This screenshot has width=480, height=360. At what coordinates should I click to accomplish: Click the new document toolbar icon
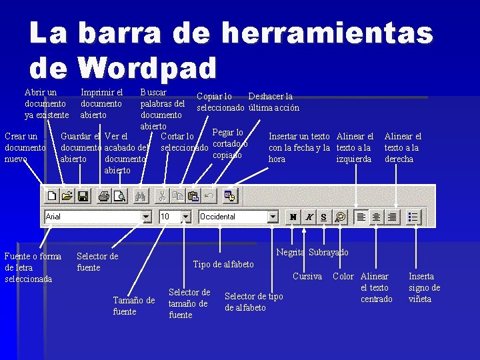pyautogui.click(x=52, y=196)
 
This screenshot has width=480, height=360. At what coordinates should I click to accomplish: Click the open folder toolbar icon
pyautogui.click(x=67, y=196)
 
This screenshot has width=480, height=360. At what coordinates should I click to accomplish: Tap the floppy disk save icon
pyautogui.click(x=83, y=196)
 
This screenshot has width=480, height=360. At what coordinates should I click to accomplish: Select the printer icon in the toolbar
pyautogui.click(x=103, y=196)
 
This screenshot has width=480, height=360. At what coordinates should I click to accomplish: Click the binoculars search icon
pyautogui.click(x=140, y=196)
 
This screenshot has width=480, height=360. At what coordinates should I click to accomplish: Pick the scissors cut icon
pyautogui.click(x=161, y=196)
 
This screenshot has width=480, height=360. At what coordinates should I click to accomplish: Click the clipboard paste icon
pyautogui.click(x=193, y=196)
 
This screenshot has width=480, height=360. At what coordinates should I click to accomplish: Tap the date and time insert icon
pyautogui.click(x=230, y=196)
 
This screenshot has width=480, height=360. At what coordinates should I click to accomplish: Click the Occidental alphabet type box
pyautogui.click(x=233, y=217)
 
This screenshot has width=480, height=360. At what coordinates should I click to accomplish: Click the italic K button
pyautogui.click(x=309, y=217)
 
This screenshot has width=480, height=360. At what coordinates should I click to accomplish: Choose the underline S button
pyautogui.click(x=323, y=217)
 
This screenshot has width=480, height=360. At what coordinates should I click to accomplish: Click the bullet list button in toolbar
pyautogui.click(x=413, y=217)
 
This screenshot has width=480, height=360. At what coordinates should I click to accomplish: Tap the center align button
pyautogui.click(x=376, y=217)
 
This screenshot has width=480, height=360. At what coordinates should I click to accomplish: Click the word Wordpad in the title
pyautogui.click(x=147, y=67)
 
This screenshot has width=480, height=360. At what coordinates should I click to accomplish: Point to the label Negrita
pyautogui.click(x=291, y=252)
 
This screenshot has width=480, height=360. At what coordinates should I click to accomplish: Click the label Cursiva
pyautogui.click(x=307, y=276)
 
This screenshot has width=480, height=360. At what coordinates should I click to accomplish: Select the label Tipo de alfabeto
pyautogui.click(x=223, y=264)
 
